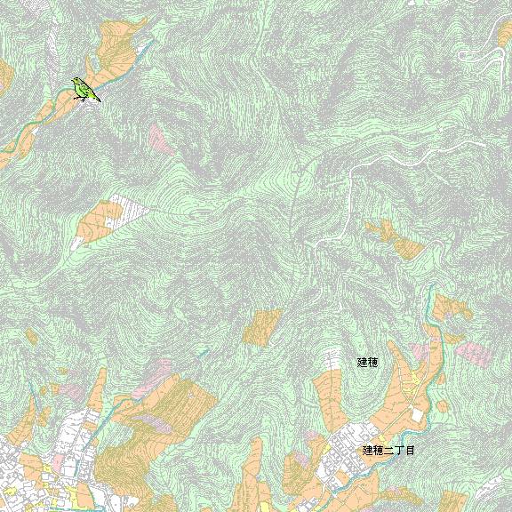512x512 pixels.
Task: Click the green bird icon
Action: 84,89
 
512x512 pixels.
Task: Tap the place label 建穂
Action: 367,362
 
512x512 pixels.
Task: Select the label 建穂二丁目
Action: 388,451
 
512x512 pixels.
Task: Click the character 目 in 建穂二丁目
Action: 410,451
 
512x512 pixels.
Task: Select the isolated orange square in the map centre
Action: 262,327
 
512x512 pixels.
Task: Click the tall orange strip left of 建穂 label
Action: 328,400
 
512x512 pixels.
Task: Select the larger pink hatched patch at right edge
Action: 474,354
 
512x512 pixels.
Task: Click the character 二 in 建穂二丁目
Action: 388,451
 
